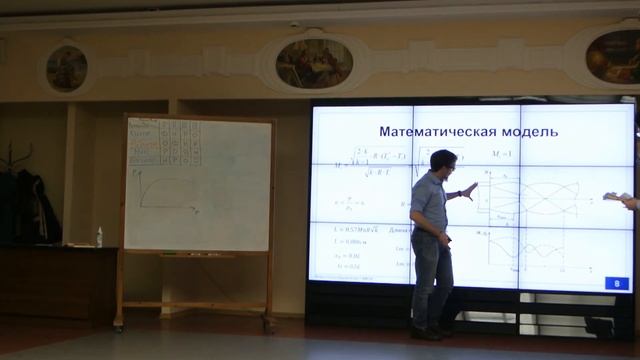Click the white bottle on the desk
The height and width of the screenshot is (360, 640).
(99, 237)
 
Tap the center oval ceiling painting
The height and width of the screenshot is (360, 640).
(314, 62)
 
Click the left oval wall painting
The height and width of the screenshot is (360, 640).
(67, 67)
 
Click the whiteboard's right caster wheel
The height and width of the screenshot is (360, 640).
(268, 325)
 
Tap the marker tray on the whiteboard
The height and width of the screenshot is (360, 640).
(197, 254)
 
